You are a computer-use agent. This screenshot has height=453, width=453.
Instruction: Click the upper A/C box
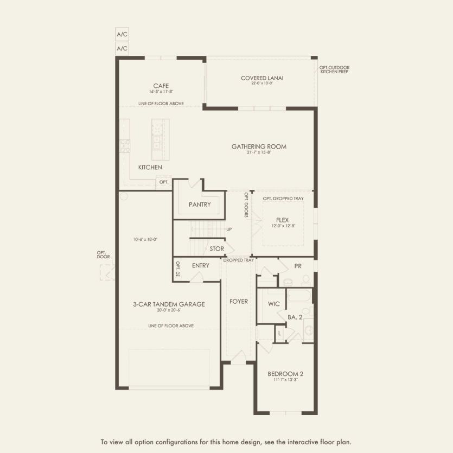tap(122, 34)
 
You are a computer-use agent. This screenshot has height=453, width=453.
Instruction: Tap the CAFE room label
tap(161, 86)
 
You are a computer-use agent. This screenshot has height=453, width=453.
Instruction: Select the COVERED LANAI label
tap(262, 78)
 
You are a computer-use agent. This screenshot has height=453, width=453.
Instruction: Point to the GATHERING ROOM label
tap(259, 146)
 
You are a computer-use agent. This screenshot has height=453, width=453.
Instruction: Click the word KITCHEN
tap(150, 168)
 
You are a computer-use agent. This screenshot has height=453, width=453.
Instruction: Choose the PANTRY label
tap(199, 205)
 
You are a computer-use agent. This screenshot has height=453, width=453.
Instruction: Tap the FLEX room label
tap(283, 220)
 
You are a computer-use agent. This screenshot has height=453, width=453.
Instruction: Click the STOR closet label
tap(217, 249)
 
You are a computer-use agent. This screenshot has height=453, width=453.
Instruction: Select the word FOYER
tap(238, 301)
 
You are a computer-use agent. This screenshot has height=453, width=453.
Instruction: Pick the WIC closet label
tap(274, 304)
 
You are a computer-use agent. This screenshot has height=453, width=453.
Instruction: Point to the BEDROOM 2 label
tap(285, 374)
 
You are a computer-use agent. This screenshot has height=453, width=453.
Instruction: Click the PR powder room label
tap(298, 266)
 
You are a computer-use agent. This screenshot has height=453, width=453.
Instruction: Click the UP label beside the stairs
tap(229, 229)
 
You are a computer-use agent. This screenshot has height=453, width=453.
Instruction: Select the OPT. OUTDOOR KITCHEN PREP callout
tap(333, 69)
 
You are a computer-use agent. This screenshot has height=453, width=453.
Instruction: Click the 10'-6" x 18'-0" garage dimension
tap(145, 239)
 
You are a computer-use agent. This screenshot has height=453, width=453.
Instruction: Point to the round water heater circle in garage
tap(124, 196)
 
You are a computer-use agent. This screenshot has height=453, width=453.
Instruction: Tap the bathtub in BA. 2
tap(299, 296)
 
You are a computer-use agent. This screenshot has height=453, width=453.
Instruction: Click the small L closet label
tap(279, 334)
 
